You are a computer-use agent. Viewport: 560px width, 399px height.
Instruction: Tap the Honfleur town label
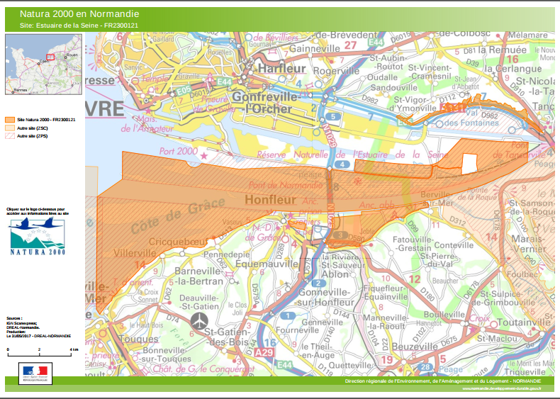pos(271,201)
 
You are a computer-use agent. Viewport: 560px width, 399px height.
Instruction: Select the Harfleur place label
pos(281,69)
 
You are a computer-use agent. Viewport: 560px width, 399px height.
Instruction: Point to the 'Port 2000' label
pos(178,151)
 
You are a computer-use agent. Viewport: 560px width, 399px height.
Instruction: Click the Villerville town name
pos(135,252)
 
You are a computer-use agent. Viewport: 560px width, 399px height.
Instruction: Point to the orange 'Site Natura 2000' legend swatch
pos(11,120)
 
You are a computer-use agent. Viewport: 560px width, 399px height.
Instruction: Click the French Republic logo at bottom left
pos(34,373)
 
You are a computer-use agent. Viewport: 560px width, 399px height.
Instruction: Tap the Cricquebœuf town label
pos(179,241)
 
